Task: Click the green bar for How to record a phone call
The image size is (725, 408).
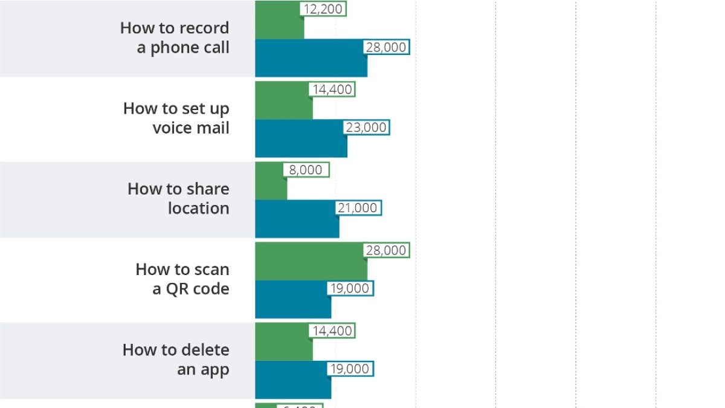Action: click(279, 24)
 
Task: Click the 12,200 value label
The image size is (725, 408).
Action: click(323, 8)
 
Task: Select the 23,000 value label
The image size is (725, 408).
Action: click(366, 128)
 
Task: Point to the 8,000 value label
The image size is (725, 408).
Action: click(306, 170)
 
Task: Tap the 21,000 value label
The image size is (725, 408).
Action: click(358, 208)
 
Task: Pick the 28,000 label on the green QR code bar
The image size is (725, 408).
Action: click(386, 250)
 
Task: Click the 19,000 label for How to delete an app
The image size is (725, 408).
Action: click(350, 369)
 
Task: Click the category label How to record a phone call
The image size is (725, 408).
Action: click(175, 37)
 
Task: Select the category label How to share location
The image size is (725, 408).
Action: click(178, 198)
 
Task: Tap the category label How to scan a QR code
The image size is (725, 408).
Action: click(182, 279)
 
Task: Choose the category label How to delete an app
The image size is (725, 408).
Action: click(176, 359)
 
